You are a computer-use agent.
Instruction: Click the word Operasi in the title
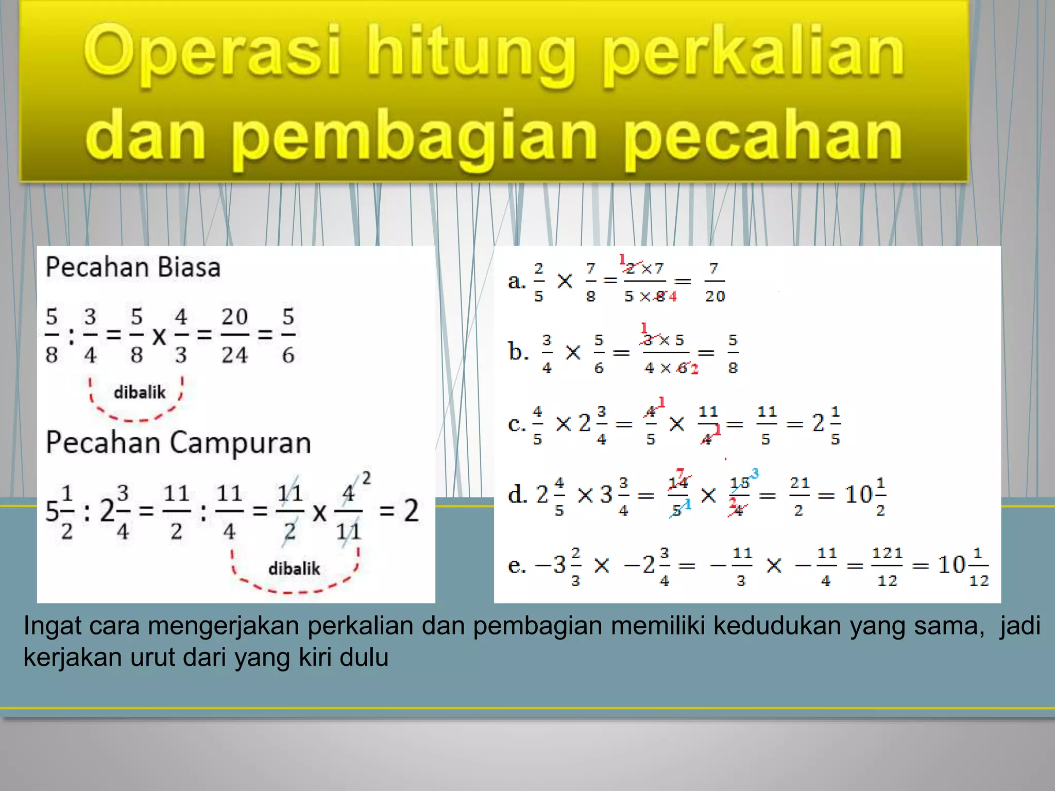212,51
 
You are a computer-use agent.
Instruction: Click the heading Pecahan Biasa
133,267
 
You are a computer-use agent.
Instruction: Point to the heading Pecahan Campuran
178,442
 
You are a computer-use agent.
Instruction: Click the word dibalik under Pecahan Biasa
140,392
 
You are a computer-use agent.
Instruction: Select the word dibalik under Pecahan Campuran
294,569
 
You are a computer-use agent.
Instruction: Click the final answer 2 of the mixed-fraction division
411,511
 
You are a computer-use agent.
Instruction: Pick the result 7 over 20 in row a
714,282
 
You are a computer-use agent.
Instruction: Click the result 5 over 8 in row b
733,353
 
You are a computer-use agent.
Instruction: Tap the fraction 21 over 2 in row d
799,496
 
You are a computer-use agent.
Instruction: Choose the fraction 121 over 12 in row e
887,566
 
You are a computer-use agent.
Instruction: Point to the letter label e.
516,565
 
